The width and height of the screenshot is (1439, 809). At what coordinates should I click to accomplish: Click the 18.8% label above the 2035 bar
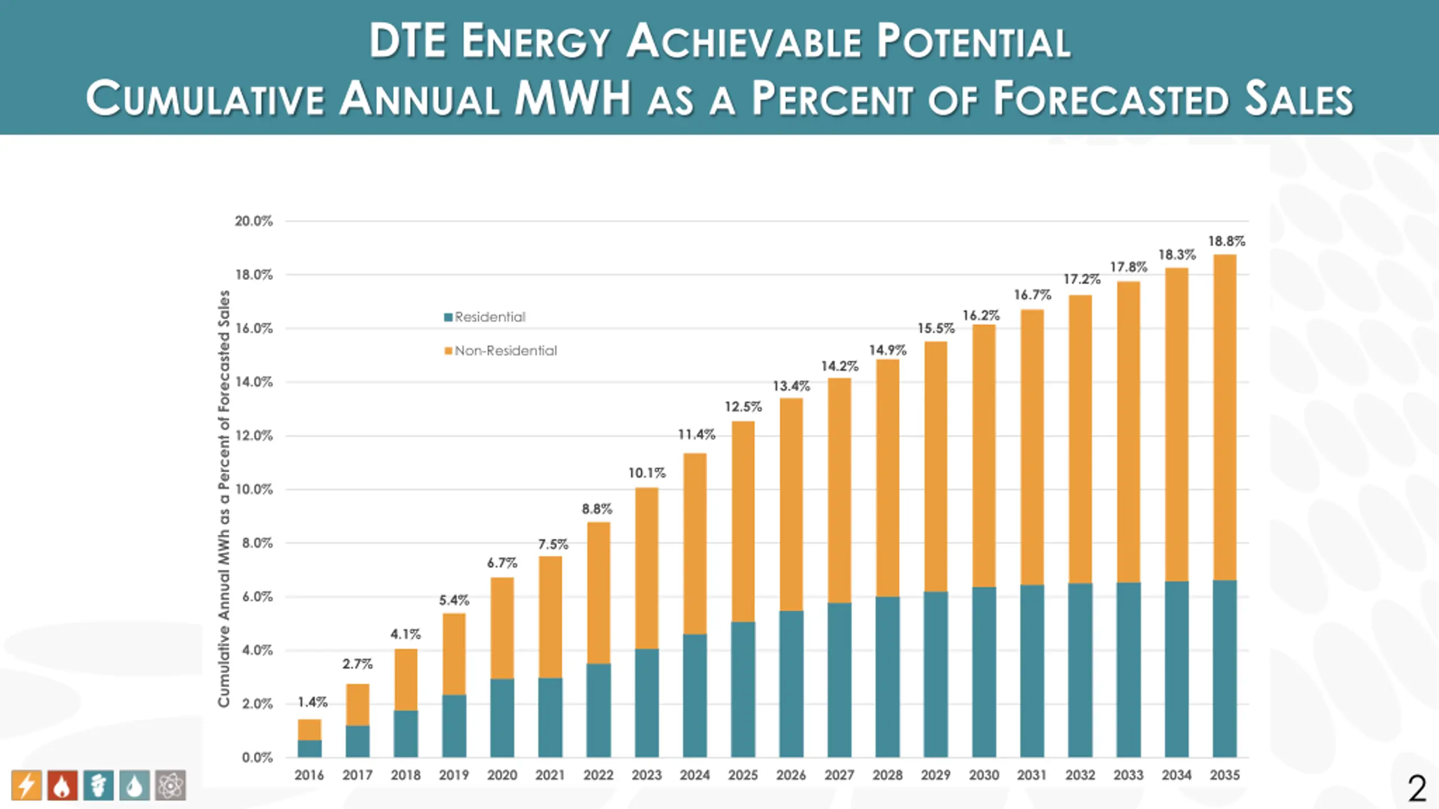(x=1227, y=242)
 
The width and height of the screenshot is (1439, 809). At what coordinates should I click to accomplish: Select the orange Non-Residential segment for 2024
(x=695, y=544)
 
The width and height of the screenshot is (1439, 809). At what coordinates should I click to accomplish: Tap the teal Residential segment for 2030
(x=984, y=672)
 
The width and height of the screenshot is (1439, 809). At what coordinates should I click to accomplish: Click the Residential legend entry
(x=485, y=317)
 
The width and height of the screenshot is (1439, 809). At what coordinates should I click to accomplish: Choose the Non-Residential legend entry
(x=500, y=351)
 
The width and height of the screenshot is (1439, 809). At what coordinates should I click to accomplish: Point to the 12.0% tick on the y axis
(x=254, y=436)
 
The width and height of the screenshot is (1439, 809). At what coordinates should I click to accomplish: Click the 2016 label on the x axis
(x=309, y=775)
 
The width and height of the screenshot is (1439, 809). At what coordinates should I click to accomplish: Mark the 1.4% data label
(x=313, y=702)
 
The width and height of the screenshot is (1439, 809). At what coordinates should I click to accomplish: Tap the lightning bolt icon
(x=26, y=785)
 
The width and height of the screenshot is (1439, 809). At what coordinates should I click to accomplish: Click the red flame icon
(x=62, y=785)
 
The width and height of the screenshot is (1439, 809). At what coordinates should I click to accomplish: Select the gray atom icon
(x=170, y=785)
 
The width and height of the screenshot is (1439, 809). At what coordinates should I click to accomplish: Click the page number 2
(x=1417, y=789)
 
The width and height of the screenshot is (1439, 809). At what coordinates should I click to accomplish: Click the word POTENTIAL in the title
(x=974, y=42)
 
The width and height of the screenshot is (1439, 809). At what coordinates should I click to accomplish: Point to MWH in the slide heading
(x=573, y=98)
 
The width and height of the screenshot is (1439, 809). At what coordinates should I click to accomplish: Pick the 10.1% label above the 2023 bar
(x=646, y=473)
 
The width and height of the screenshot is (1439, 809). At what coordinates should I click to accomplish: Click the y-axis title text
(x=224, y=499)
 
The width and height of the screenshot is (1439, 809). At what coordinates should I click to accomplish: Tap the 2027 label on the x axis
(x=839, y=775)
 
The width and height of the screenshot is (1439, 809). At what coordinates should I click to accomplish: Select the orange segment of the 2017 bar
(x=358, y=705)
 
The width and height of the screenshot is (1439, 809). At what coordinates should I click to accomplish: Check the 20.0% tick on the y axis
(x=254, y=221)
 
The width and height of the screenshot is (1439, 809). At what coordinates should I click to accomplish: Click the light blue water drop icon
(x=134, y=785)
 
